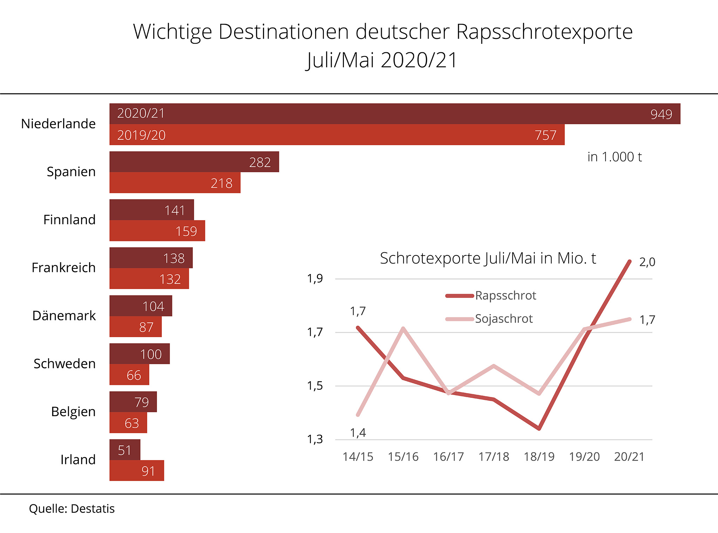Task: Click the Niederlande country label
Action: (58, 124)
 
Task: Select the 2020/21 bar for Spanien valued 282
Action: (194, 162)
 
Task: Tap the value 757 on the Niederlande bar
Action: (546, 135)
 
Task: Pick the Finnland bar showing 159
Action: (157, 231)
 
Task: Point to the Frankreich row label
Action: (63, 268)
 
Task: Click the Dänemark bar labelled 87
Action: (135, 327)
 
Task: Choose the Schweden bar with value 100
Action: (140, 354)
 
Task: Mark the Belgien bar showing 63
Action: (128, 423)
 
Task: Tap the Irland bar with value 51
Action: (125, 450)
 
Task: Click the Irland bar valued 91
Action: (137, 471)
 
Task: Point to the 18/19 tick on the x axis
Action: (539, 457)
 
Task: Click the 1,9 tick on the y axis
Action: (315, 279)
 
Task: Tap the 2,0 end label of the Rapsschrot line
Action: (647, 262)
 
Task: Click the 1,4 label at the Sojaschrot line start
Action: (358, 433)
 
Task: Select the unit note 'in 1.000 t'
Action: (614, 157)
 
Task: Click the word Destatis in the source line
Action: (93, 509)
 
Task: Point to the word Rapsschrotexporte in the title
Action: (544, 32)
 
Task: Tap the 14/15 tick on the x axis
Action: (358, 457)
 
